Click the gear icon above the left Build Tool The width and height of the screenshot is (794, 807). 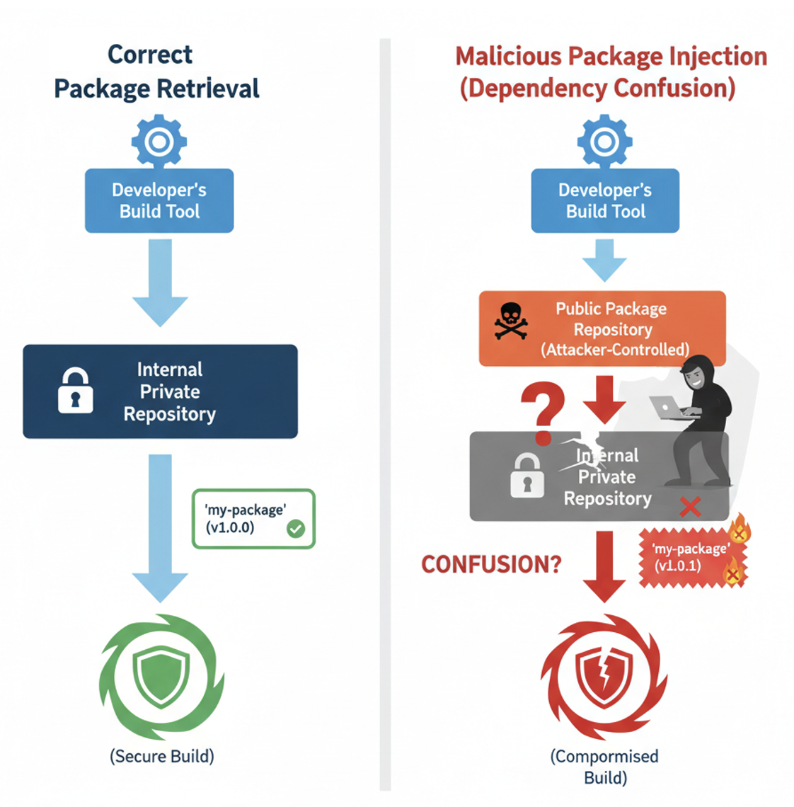pyautogui.click(x=159, y=142)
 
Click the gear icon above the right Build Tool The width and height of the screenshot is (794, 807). pyautogui.click(x=604, y=142)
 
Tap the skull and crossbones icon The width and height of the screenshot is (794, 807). pyautogui.click(x=511, y=321)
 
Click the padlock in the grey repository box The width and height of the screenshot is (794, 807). pyautogui.click(x=527, y=476)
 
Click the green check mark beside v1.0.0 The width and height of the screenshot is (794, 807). pyautogui.click(x=296, y=528)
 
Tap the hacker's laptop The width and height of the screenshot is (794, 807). pyautogui.click(x=669, y=408)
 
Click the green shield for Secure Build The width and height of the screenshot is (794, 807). pyautogui.click(x=161, y=676)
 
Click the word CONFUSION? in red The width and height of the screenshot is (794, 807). pyautogui.click(x=491, y=564)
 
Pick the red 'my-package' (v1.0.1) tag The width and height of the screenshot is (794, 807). pyautogui.click(x=690, y=558)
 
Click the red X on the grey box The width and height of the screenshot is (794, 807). pyautogui.click(x=690, y=506)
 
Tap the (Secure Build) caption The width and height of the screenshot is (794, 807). pyautogui.click(x=162, y=756)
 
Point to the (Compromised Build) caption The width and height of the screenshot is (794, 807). pyautogui.click(x=604, y=767)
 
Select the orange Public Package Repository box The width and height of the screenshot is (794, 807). pyautogui.click(x=602, y=328)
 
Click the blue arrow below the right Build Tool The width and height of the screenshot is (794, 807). pyautogui.click(x=604, y=261)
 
